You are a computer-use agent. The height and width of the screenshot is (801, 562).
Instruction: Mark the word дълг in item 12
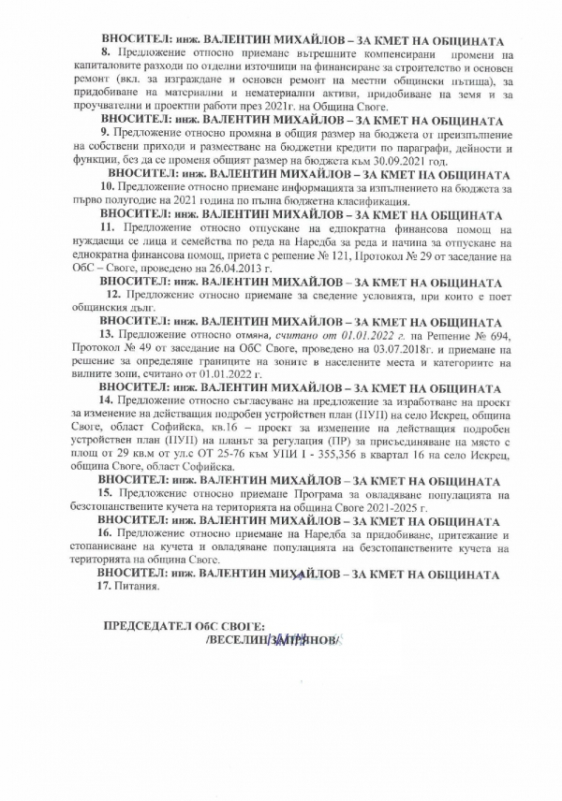[163, 308]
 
